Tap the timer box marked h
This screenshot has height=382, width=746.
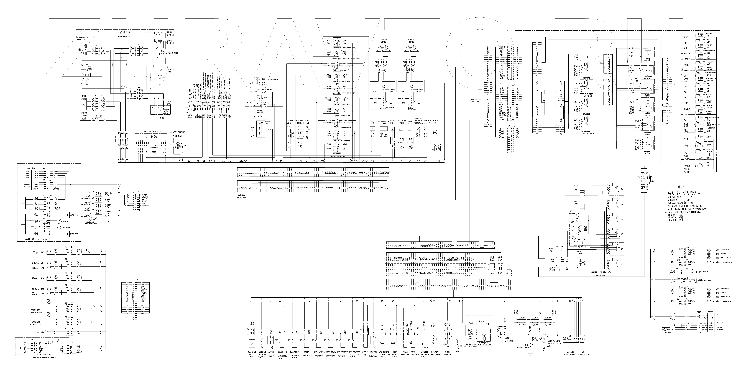[373, 128]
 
